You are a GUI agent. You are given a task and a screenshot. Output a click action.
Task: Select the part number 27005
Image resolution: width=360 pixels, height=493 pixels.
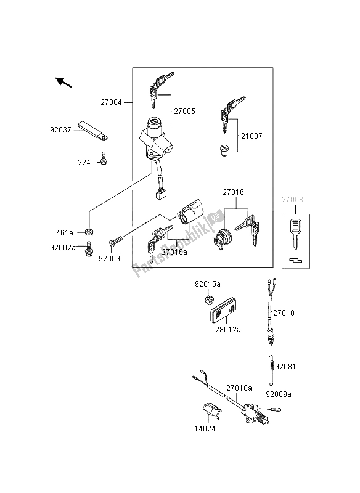[x=184, y=112]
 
